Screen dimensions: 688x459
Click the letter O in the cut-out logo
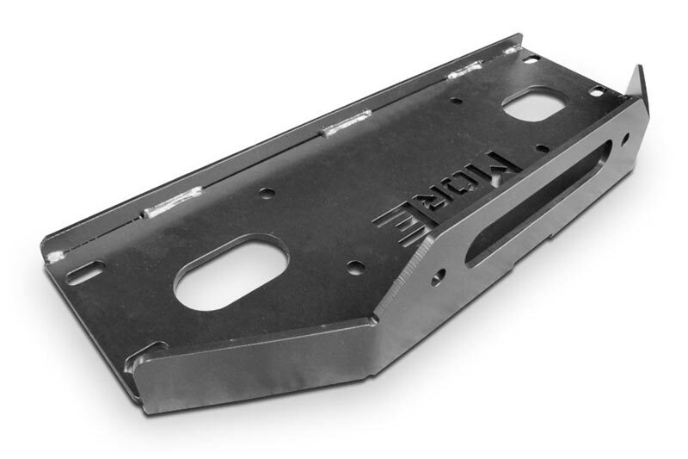(x=470, y=184)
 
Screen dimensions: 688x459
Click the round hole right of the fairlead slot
(x=625, y=140)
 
